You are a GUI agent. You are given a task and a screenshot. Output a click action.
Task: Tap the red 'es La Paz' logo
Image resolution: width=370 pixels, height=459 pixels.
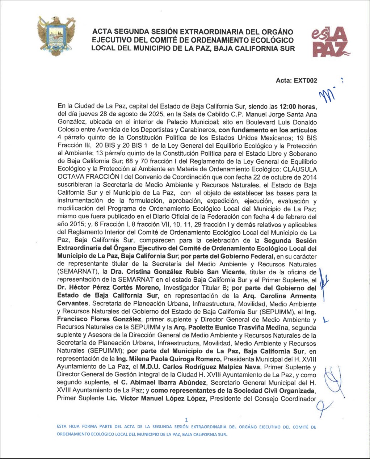coord(330,43)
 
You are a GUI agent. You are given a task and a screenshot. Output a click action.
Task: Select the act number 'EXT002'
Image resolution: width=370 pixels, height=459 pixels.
coord(306,81)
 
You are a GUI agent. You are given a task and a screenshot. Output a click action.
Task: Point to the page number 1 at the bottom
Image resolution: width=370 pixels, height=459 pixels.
coord(186,420)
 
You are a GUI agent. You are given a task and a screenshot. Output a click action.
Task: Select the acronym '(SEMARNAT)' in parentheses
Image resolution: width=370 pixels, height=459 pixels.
coord(78,272)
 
